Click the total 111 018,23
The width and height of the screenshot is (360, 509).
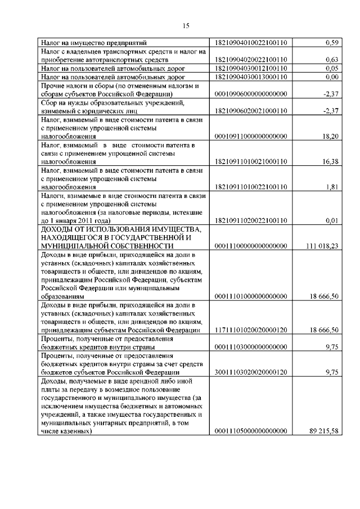pos(322,246)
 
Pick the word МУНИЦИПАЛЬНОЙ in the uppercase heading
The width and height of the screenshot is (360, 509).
pos(75,246)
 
